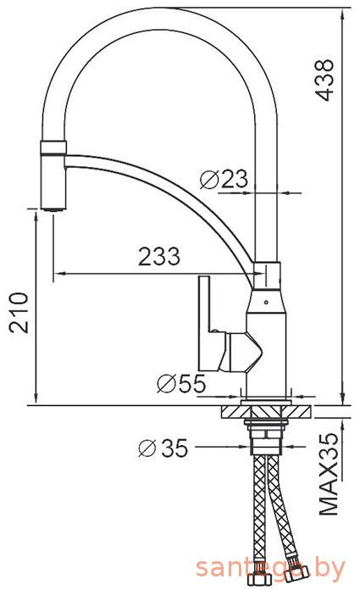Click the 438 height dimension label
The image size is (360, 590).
click(324, 80)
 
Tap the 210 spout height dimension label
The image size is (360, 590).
click(19, 312)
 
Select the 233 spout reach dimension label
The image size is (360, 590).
click(159, 257)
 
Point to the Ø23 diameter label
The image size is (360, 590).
click(224, 179)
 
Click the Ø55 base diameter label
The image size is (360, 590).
click(181, 383)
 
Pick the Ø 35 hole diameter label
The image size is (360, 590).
click(163, 448)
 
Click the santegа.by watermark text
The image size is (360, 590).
click(270, 567)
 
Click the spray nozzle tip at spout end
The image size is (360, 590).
click(53, 208)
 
